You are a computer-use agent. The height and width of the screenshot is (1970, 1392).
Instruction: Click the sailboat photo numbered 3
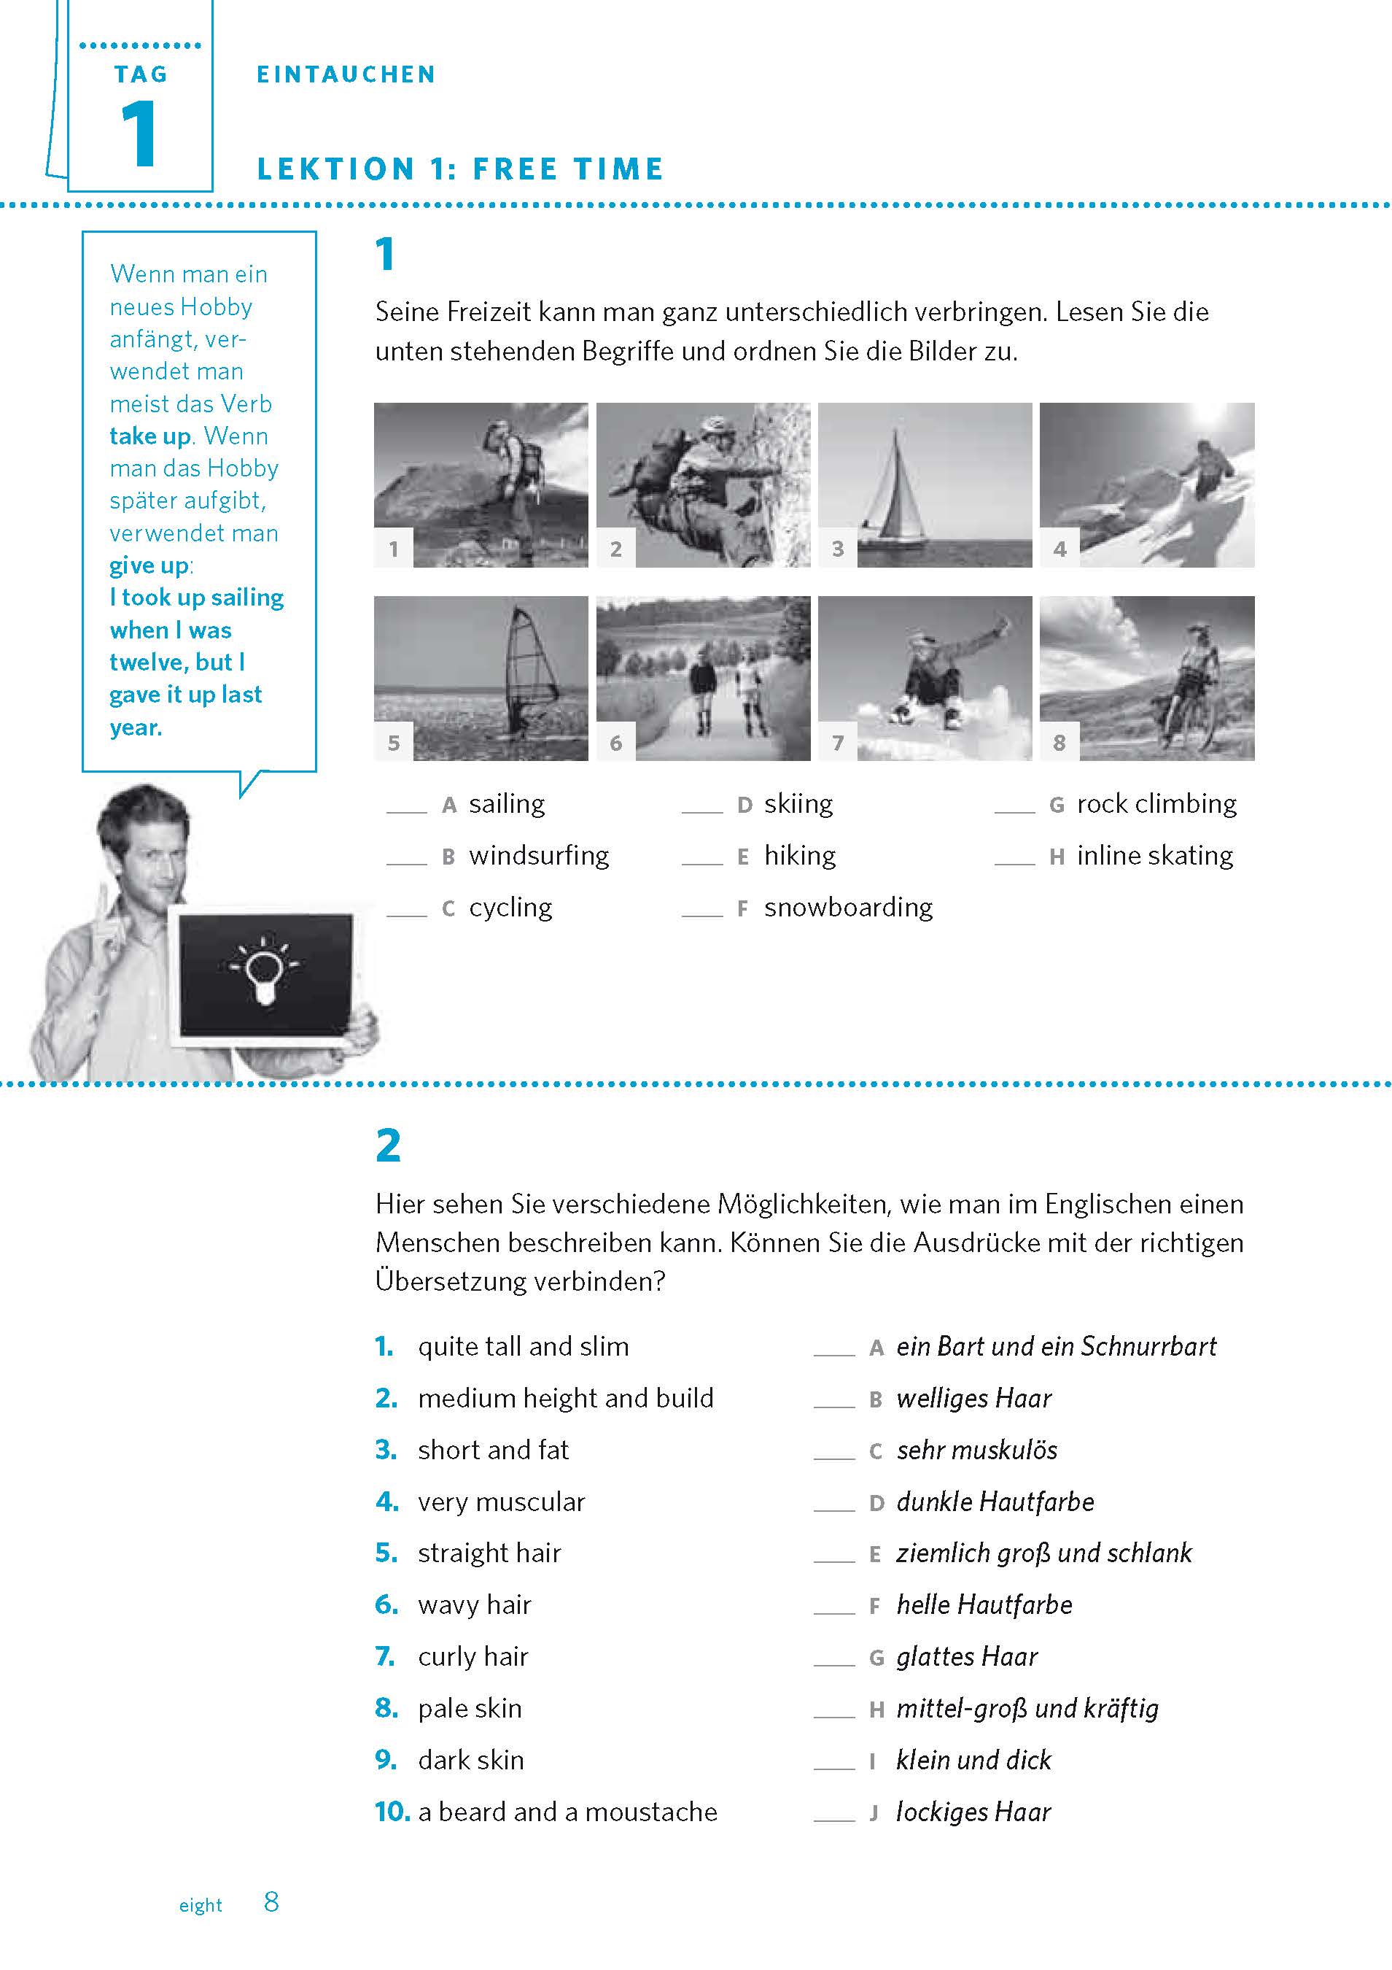coord(925,484)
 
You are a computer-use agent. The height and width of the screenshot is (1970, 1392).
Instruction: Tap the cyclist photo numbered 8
coord(1147,678)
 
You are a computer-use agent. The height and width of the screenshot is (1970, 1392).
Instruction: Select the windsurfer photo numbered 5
coord(481,678)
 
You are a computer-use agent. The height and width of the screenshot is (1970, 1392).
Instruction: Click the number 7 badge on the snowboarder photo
coord(838,742)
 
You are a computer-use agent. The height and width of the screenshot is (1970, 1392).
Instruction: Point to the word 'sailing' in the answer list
coord(507,804)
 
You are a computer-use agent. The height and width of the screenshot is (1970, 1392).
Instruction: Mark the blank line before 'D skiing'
coord(702,808)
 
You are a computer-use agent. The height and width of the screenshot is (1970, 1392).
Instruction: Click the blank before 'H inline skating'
coord(1014,860)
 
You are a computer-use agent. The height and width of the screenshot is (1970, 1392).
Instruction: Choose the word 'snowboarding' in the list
coord(848,907)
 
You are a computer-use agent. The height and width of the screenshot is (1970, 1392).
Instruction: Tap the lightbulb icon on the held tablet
coord(263,972)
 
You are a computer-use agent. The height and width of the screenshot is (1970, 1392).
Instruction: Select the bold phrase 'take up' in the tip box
coord(149,436)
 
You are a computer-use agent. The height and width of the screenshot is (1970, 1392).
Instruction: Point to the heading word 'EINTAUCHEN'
coord(346,74)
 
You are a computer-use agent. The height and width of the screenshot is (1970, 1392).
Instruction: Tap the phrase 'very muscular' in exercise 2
coord(501,1502)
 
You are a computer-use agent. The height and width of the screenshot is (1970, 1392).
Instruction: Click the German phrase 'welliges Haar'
coord(973,1399)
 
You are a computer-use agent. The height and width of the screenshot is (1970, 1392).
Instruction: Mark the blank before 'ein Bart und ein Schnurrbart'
coord(833,1351)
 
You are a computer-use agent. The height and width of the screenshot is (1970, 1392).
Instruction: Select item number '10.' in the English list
coord(392,1811)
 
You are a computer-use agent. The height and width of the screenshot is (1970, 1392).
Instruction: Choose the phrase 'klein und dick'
coord(973,1760)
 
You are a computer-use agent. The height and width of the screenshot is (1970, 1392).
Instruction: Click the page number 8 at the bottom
coord(271,1902)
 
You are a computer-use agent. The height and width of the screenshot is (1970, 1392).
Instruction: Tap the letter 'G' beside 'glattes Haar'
coord(876,1657)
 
